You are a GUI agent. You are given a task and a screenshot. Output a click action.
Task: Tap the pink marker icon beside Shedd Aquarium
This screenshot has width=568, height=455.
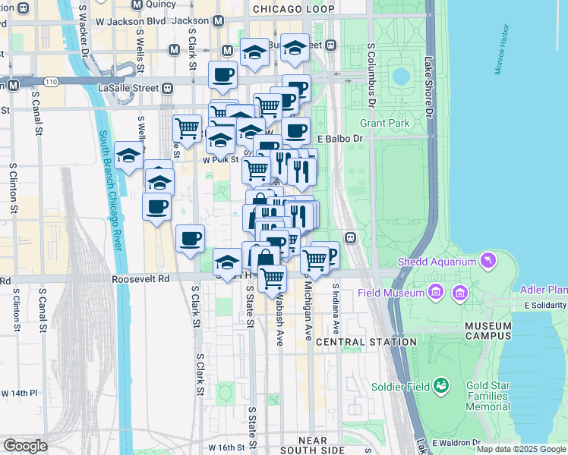tap(488, 262)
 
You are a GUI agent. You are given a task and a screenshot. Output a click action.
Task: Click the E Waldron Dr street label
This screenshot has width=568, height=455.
tap(455, 442)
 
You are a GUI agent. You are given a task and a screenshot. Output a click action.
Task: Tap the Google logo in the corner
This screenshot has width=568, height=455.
tap(25, 446)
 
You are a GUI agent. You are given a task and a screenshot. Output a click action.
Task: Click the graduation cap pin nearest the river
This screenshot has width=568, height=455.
tap(129, 155)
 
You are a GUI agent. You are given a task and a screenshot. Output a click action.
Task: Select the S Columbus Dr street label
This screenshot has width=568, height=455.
tap(372, 75)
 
